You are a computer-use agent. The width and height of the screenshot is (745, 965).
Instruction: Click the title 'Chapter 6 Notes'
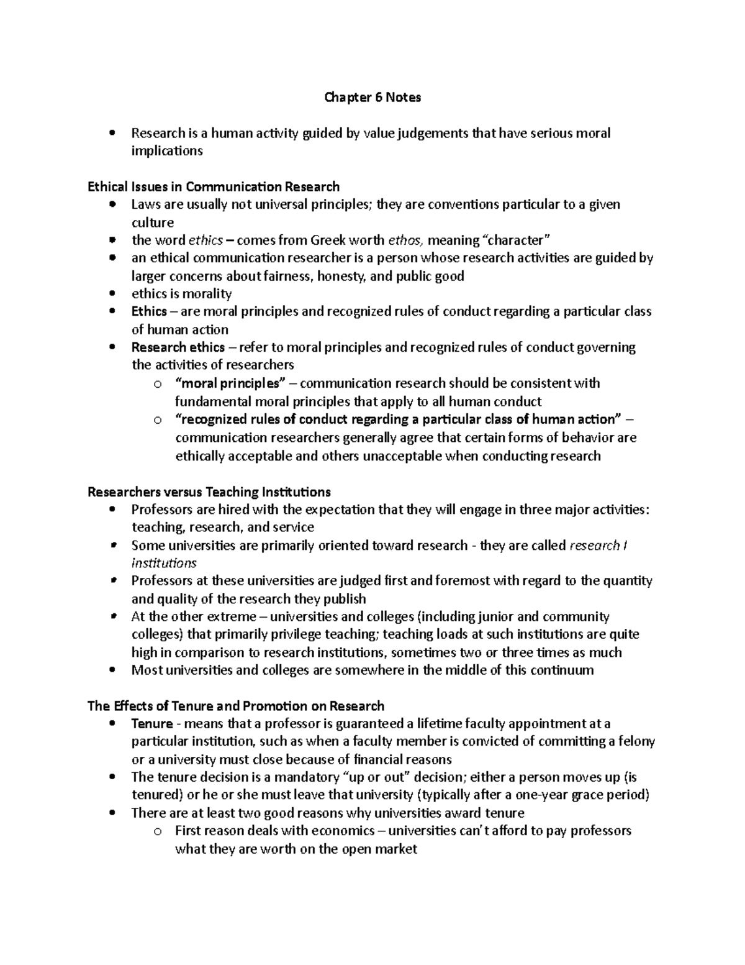click(372, 98)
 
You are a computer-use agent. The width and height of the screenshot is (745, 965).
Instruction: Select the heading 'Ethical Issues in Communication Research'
click(214, 186)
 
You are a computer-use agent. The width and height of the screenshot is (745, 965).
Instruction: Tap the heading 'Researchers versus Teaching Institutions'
click(209, 492)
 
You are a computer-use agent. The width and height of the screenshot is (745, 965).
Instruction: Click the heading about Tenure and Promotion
click(236, 706)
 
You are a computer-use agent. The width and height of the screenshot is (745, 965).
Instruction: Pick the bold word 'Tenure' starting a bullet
click(152, 724)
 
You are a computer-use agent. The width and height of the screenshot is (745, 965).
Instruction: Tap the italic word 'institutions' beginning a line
click(164, 564)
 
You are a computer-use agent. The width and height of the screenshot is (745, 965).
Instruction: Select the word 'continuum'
click(564, 670)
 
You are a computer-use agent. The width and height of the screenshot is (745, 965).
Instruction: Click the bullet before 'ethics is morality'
click(112, 294)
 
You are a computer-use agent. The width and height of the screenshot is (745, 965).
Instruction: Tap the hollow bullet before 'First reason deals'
click(157, 831)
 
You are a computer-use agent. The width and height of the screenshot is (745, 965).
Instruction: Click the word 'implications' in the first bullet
click(167, 151)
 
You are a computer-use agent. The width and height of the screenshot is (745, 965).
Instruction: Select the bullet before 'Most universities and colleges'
click(112, 670)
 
